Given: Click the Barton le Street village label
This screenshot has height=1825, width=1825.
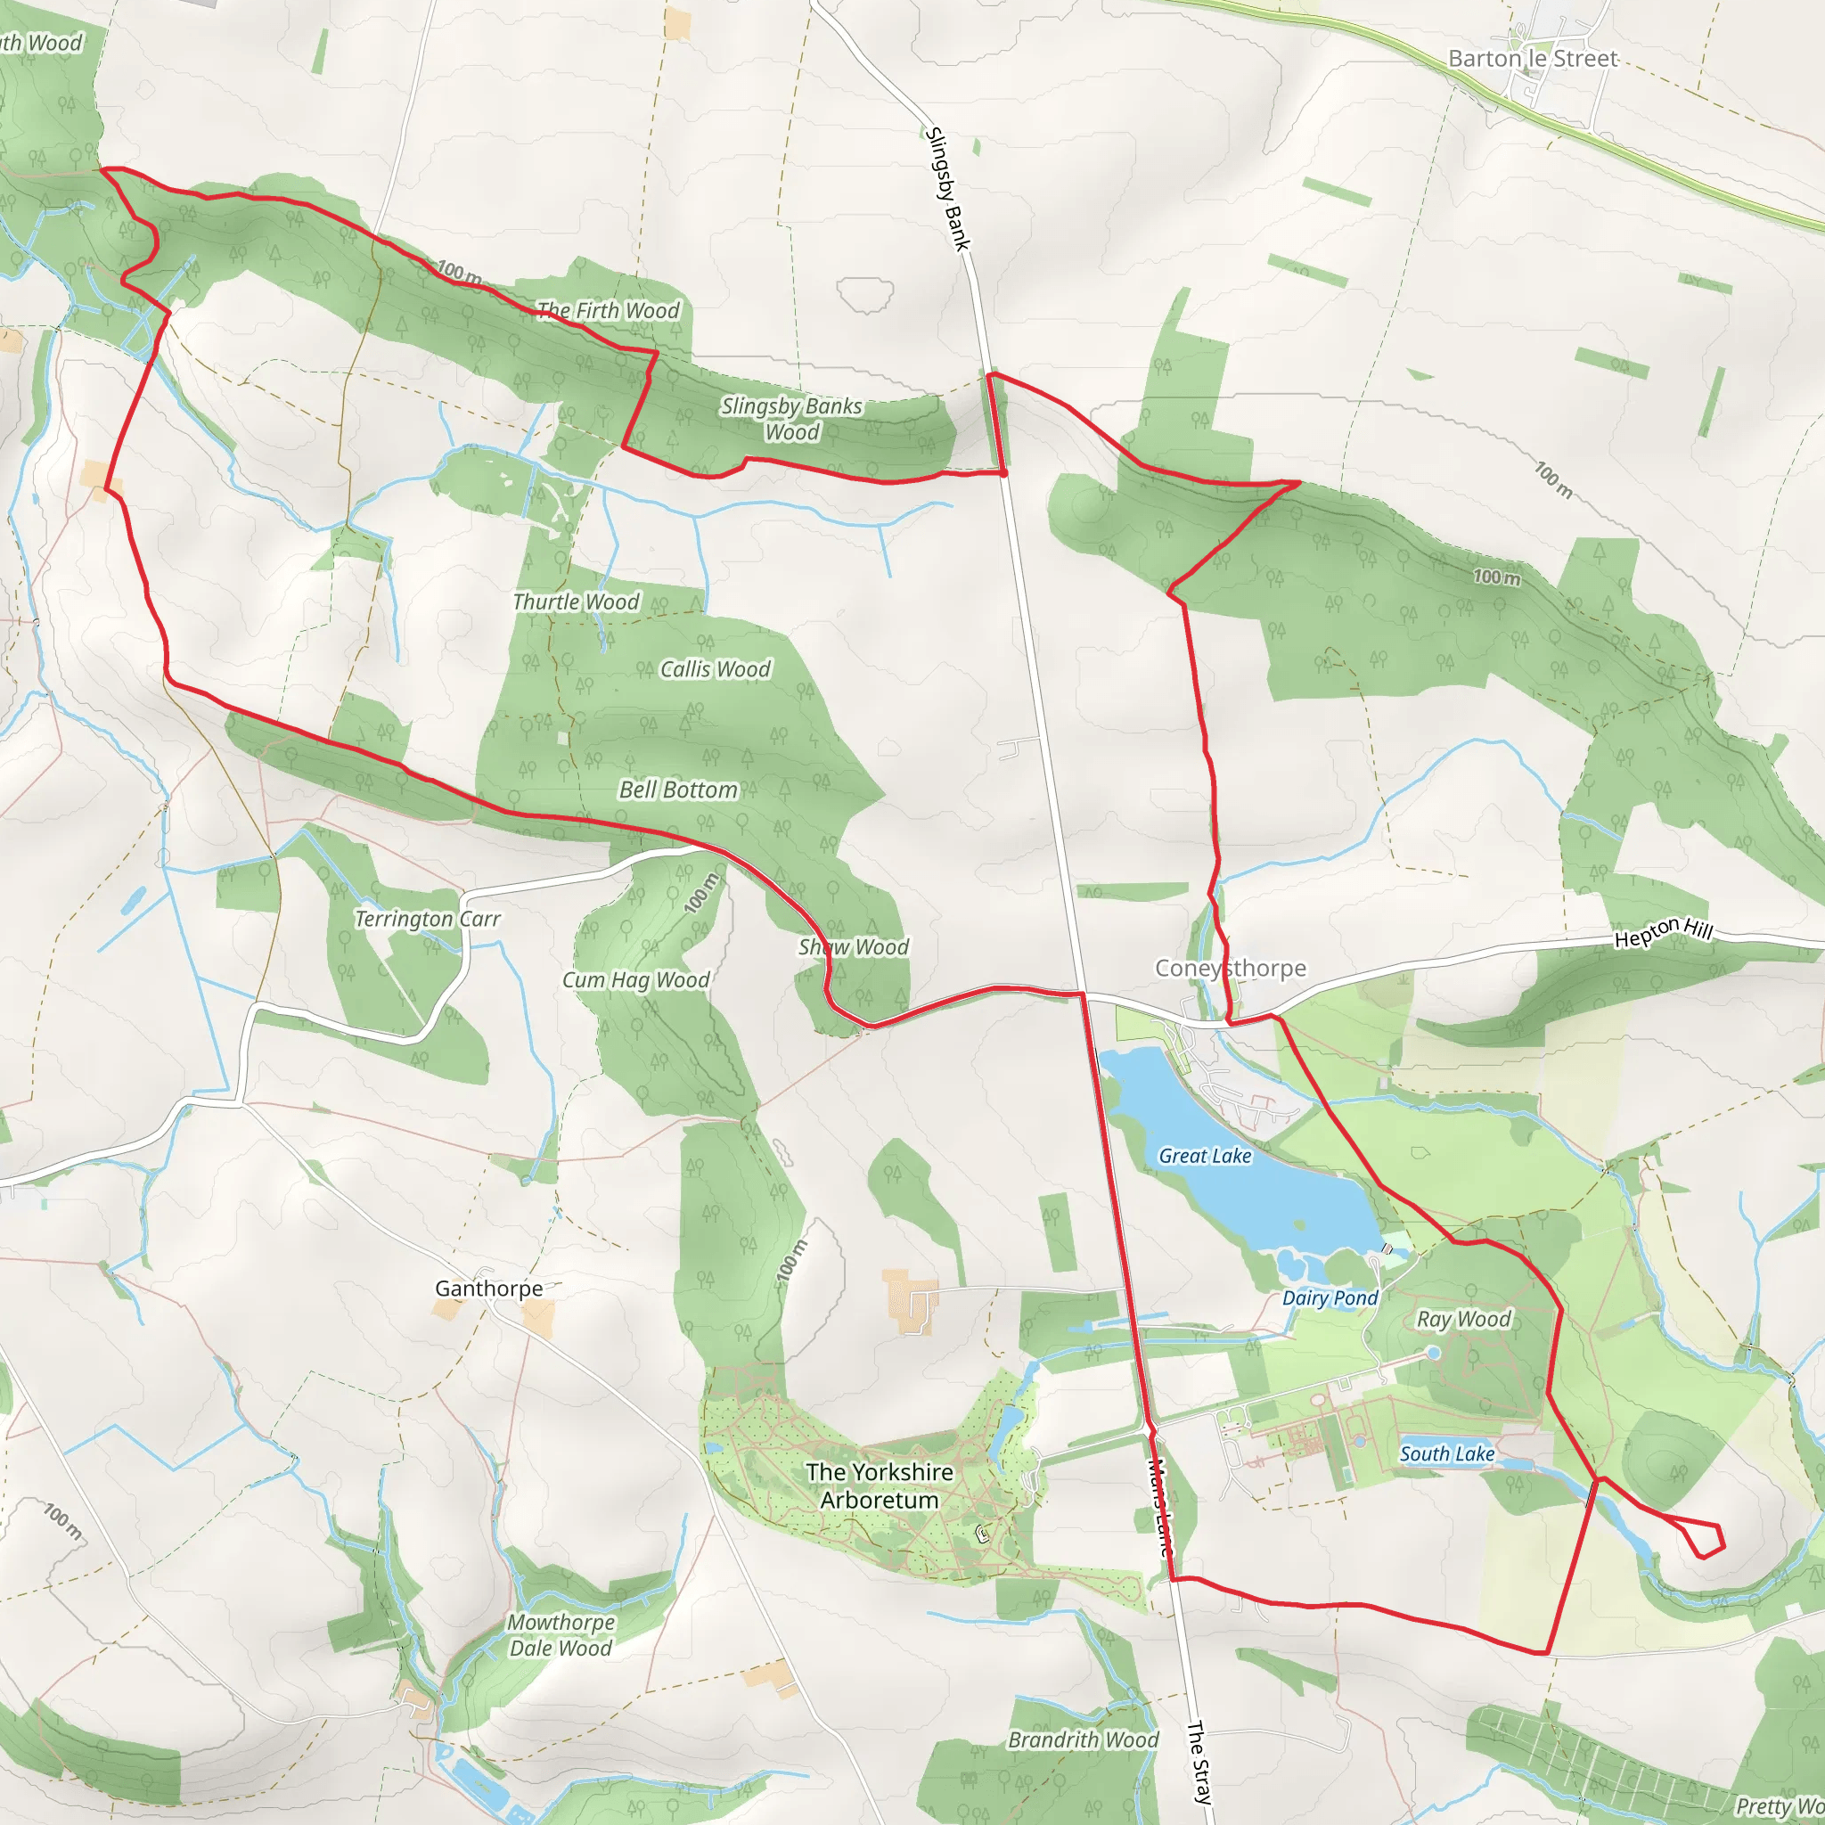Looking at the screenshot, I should (1532, 59).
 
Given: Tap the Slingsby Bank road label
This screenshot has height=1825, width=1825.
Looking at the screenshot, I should (948, 189).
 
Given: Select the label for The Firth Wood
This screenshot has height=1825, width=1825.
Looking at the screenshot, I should (608, 311).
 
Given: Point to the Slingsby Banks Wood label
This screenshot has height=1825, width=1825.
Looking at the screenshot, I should (791, 420).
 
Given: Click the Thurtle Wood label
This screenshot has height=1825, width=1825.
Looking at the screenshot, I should (576, 602).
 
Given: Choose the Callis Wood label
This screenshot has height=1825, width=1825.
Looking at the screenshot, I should (715, 669).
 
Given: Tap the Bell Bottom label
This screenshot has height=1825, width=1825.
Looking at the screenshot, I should (678, 790).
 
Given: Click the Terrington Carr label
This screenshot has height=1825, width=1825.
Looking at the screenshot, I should (427, 918).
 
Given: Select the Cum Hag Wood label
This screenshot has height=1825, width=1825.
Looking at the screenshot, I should (635, 980).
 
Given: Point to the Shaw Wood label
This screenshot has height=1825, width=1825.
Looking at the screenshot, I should (853, 946).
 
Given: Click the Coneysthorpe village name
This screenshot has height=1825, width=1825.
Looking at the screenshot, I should (1230, 969).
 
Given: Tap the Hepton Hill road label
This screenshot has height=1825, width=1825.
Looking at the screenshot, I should (1663, 932).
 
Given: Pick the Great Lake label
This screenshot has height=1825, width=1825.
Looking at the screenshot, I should (1205, 1155).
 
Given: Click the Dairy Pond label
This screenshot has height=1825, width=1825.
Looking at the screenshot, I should (1330, 1297).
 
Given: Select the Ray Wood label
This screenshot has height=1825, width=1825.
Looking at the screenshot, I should (1463, 1319).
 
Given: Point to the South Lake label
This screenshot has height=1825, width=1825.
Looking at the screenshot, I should (1447, 1453).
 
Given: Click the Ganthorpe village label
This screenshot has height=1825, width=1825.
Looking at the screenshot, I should (488, 1289).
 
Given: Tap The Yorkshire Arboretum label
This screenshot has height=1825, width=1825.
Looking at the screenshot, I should (880, 1485).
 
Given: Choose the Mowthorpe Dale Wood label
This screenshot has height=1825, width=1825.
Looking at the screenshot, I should (561, 1635).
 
